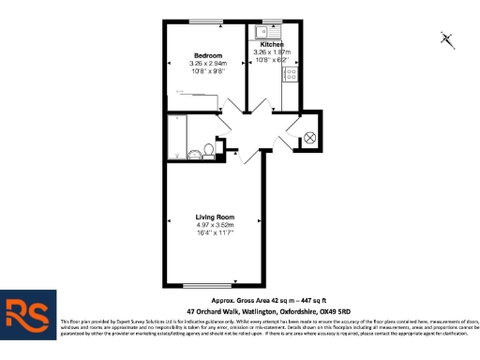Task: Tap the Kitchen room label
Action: [272, 44]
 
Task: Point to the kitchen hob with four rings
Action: [291, 70]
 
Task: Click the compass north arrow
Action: [447, 38]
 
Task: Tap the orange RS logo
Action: [26, 313]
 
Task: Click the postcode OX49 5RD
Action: [333, 310]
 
